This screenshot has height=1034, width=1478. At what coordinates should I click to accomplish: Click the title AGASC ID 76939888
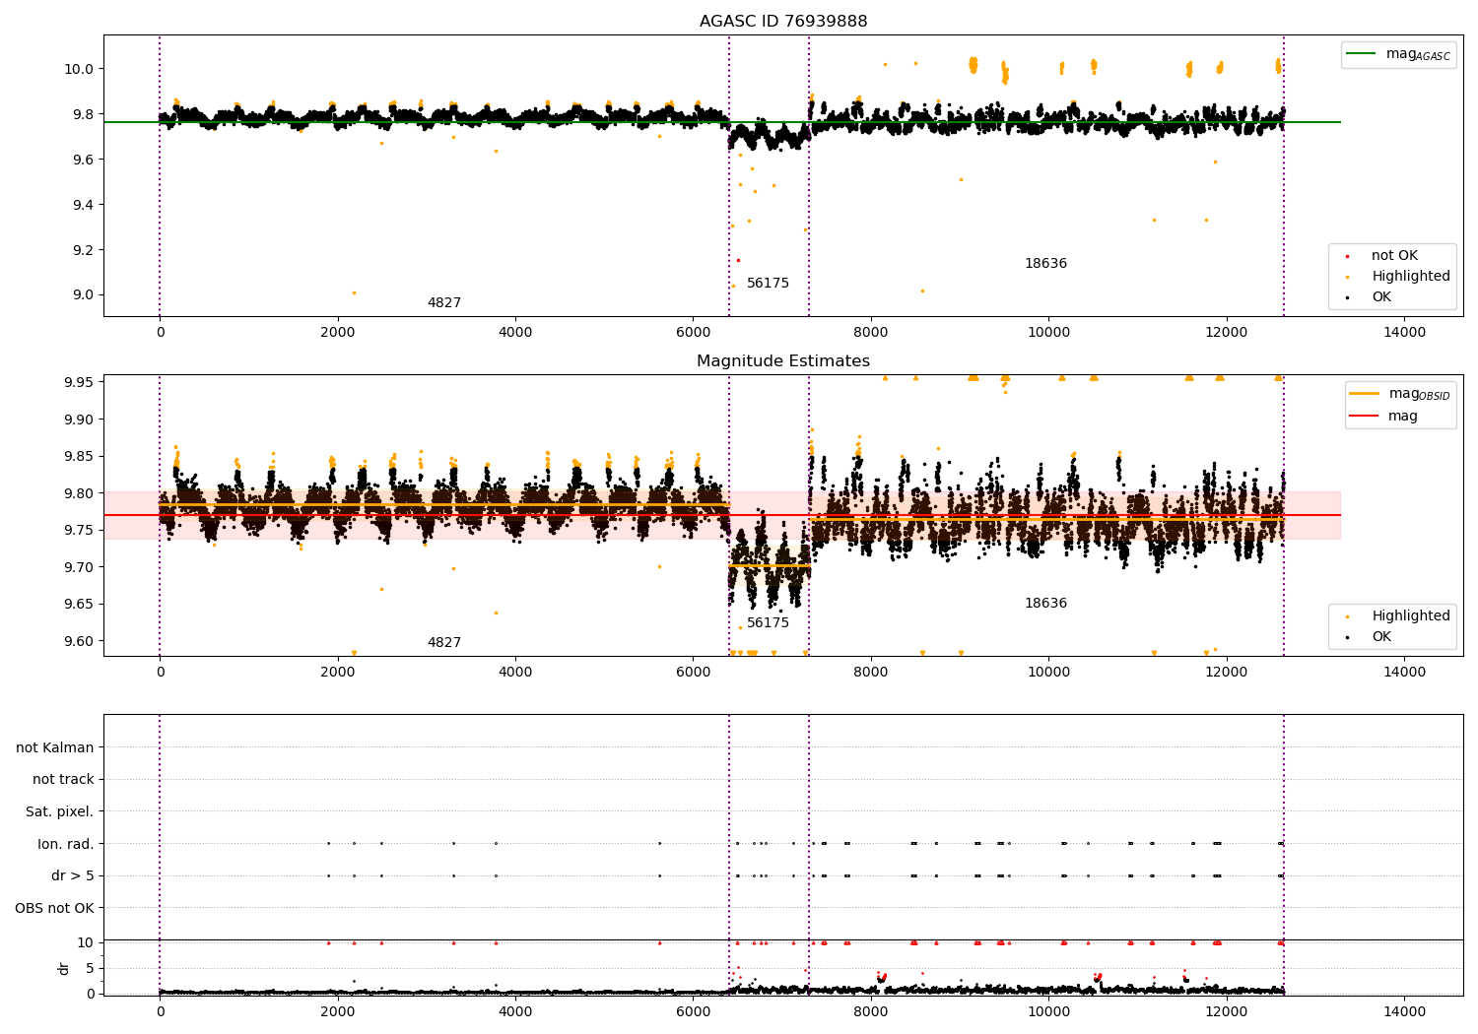[x=783, y=22]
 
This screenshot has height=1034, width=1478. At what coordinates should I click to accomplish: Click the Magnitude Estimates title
[x=783, y=361]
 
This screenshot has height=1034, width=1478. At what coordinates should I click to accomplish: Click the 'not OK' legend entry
[x=1394, y=256]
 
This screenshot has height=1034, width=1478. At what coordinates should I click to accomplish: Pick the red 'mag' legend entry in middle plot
[x=1402, y=417]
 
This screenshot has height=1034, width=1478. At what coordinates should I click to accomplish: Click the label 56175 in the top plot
[x=768, y=284]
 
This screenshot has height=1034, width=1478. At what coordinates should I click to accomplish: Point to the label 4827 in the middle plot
[x=443, y=643]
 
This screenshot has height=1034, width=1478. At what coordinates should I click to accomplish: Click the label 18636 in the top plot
[x=1045, y=264]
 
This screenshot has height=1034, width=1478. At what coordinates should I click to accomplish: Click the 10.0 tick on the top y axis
[x=79, y=69]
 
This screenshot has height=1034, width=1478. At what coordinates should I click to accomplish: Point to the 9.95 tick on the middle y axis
[x=76, y=382]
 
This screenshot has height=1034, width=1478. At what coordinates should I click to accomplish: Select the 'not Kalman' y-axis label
[x=55, y=748]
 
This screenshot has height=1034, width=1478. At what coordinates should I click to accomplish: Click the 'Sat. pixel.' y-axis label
[x=59, y=812]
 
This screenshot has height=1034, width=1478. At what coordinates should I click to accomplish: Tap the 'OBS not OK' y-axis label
[x=54, y=908]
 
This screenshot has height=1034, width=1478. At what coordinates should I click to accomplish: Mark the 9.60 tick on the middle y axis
[x=76, y=641]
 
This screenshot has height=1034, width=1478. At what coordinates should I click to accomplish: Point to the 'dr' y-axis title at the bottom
[x=64, y=968]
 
